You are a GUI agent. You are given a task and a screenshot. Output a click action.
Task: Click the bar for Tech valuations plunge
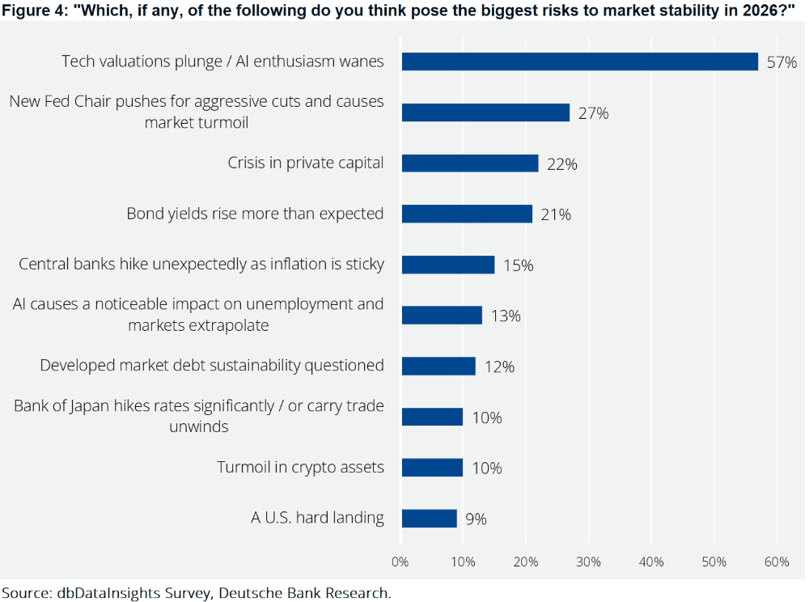[x=579, y=61]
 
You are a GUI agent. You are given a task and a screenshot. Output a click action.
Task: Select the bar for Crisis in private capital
[x=469, y=163]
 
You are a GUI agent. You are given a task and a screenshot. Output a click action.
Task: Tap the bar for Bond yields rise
[x=467, y=214]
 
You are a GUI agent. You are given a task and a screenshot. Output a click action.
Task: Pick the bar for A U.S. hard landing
[x=429, y=519]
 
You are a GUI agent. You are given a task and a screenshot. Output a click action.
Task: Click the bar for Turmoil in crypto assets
[x=432, y=468]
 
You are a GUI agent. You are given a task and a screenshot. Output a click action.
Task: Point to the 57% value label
[x=782, y=62]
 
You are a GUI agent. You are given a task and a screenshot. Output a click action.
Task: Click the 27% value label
[x=593, y=113]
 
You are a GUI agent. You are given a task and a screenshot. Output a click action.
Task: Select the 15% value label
[x=518, y=265]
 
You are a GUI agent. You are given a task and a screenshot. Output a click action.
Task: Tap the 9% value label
[x=476, y=519]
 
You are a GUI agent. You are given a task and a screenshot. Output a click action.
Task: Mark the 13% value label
[x=505, y=316]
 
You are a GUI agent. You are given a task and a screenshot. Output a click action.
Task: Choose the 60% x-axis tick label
[x=777, y=562]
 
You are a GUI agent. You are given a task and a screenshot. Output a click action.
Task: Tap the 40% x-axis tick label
[x=651, y=562]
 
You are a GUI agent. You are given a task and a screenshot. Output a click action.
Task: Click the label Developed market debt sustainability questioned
[x=212, y=366]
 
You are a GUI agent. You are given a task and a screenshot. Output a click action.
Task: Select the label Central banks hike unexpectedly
[x=201, y=265]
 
